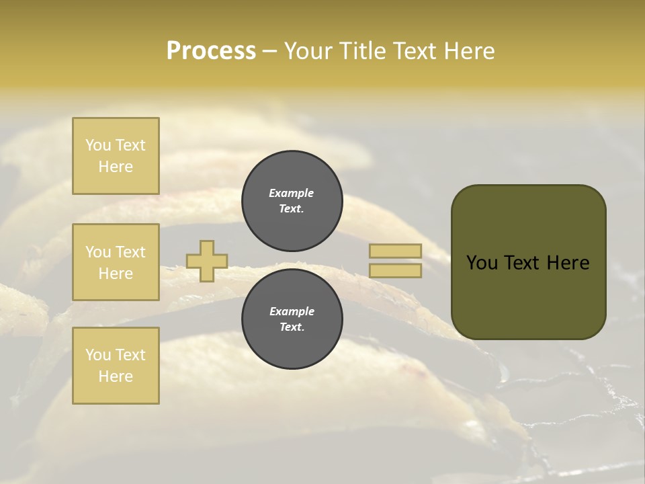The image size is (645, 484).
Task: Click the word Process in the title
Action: [x=211, y=51]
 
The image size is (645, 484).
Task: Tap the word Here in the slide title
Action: [x=468, y=51]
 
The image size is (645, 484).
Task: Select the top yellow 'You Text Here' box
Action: [x=116, y=156]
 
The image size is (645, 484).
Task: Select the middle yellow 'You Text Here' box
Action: [x=116, y=262]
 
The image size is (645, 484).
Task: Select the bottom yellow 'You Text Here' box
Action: [x=116, y=365]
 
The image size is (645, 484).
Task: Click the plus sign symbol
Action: [x=207, y=261]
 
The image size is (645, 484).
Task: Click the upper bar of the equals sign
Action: [x=395, y=251]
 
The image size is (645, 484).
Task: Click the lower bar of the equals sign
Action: [x=395, y=270]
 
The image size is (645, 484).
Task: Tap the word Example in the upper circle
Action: [x=292, y=193]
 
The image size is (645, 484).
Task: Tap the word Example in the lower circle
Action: [x=292, y=311]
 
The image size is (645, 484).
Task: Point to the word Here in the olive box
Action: [x=568, y=263]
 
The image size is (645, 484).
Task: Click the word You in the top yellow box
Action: [x=98, y=145]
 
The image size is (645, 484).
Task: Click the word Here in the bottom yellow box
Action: [x=116, y=376]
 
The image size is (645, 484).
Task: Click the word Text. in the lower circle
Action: [x=292, y=327]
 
